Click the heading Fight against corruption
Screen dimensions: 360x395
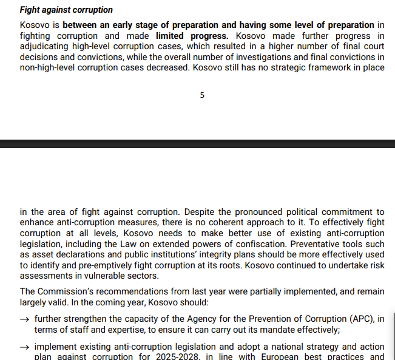66,10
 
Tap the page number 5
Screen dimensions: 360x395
202,95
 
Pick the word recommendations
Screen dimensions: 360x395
125,291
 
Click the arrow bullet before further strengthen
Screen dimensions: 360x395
24,319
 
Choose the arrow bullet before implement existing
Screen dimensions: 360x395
24,345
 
